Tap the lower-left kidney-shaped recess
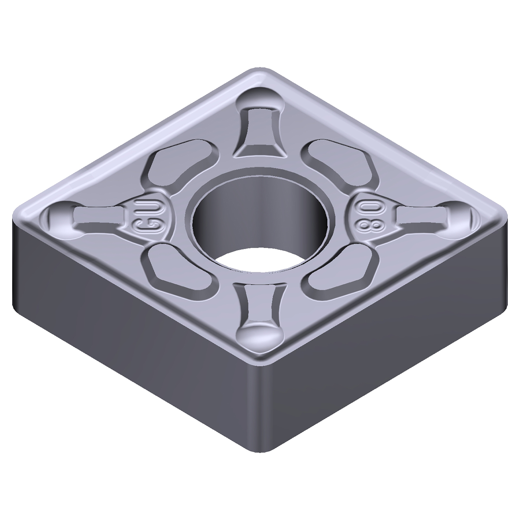(x=177, y=268)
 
